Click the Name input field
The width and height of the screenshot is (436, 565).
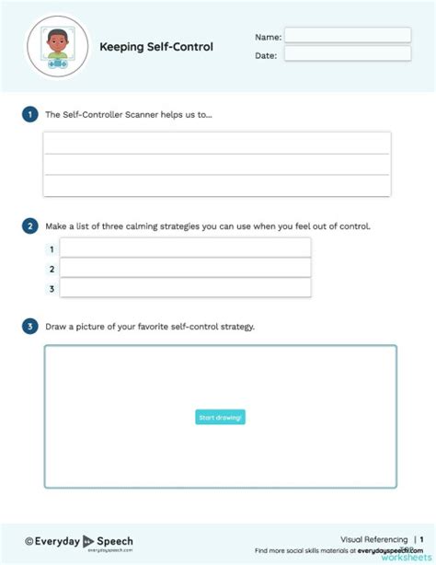pos(347,35)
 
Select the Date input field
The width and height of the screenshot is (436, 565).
pos(347,53)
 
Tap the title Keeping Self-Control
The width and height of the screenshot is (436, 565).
pos(156,46)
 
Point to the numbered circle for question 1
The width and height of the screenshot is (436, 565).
pos(30,115)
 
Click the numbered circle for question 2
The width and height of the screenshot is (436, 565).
pos(30,225)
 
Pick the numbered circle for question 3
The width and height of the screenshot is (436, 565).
pos(30,326)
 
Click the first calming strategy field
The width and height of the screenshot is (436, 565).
pos(185,248)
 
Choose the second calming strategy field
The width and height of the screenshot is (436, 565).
pos(185,268)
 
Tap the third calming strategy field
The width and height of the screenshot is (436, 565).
pos(185,288)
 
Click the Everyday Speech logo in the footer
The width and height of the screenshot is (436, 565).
pos(79,542)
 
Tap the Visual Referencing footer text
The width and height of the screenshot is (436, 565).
pos(374,539)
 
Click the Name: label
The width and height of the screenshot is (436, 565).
pos(268,37)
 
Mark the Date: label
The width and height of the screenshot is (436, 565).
pos(266,55)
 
